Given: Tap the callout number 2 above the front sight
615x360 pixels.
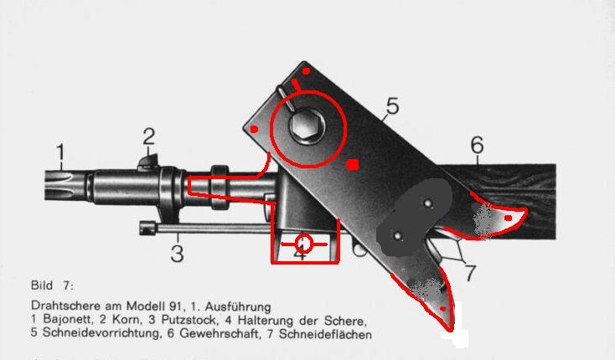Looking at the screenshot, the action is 148,136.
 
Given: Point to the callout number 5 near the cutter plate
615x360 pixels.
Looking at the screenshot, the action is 392,105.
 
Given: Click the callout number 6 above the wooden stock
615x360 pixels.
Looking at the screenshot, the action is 477,145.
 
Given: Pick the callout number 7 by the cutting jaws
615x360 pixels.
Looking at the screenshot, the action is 469,273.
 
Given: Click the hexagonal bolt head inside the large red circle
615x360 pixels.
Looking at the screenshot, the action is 307,126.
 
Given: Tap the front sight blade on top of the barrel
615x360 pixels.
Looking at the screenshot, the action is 148,162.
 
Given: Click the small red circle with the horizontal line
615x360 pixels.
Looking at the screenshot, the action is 304,244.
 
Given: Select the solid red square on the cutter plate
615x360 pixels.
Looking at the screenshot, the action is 353,165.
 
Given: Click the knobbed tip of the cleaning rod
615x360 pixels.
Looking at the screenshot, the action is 147,228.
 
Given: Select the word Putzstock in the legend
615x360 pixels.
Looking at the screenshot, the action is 189,319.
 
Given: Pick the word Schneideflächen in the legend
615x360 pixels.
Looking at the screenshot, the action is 325,334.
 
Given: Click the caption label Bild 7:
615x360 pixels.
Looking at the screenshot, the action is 52,285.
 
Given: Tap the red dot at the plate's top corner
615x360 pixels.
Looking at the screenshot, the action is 307,71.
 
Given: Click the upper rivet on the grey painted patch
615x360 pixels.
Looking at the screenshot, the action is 428,203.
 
